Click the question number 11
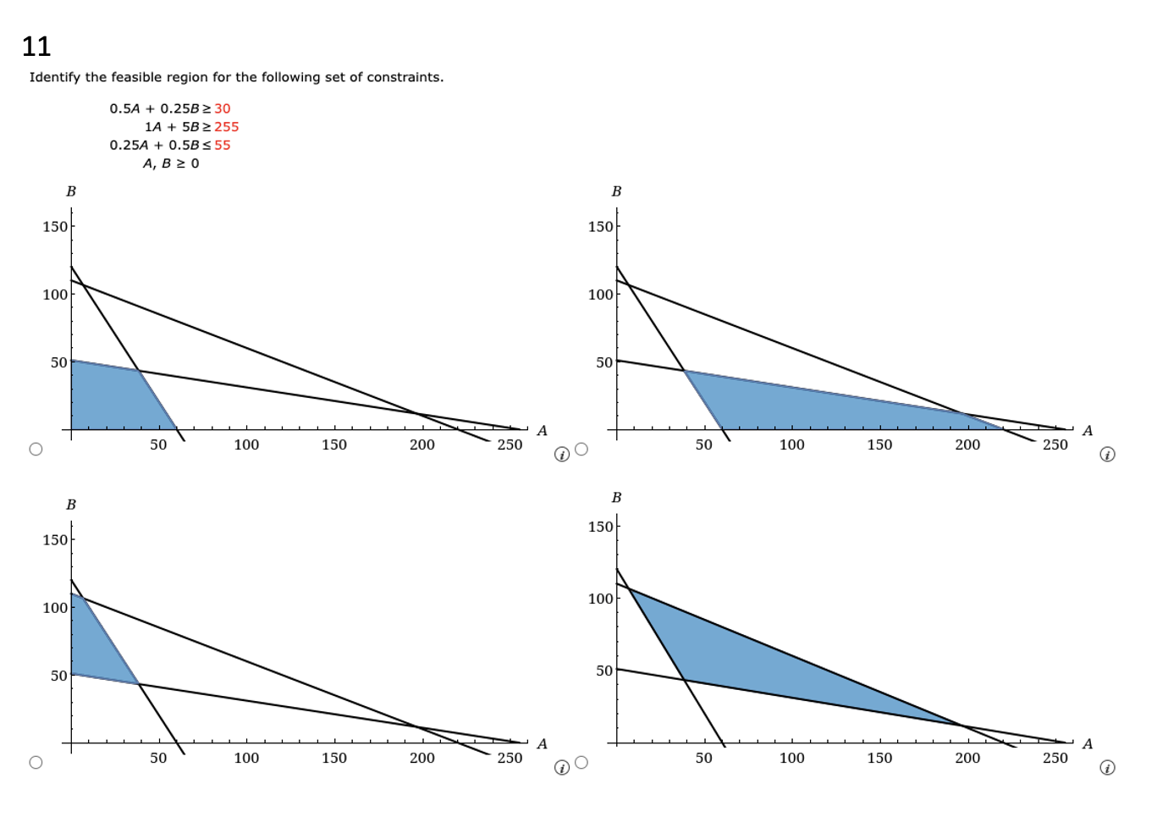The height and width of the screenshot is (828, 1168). (x=36, y=46)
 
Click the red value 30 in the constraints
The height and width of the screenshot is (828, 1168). (x=222, y=108)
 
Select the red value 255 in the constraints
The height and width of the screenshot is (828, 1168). (x=226, y=127)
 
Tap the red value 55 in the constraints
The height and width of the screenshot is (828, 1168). (x=222, y=145)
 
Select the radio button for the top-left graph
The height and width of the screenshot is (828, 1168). (x=36, y=449)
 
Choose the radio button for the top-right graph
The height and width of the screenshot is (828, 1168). (x=581, y=449)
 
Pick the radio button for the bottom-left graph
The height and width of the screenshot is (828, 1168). (x=36, y=762)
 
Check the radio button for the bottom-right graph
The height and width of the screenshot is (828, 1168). (x=581, y=762)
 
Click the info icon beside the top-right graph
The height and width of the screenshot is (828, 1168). (x=1107, y=455)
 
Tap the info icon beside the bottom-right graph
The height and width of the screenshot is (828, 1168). (x=1107, y=768)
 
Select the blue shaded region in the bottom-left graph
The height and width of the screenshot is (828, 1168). (x=97, y=643)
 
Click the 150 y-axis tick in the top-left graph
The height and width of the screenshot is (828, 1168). (x=55, y=226)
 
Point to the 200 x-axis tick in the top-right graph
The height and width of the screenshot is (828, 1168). (x=967, y=444)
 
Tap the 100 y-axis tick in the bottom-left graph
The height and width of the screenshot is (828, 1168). (x=55, y=607)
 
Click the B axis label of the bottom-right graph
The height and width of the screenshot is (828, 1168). (x=616, y=498)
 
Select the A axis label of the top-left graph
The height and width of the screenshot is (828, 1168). (x=542, y=431)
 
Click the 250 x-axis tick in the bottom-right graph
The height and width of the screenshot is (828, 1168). (x=1055, y=758)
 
